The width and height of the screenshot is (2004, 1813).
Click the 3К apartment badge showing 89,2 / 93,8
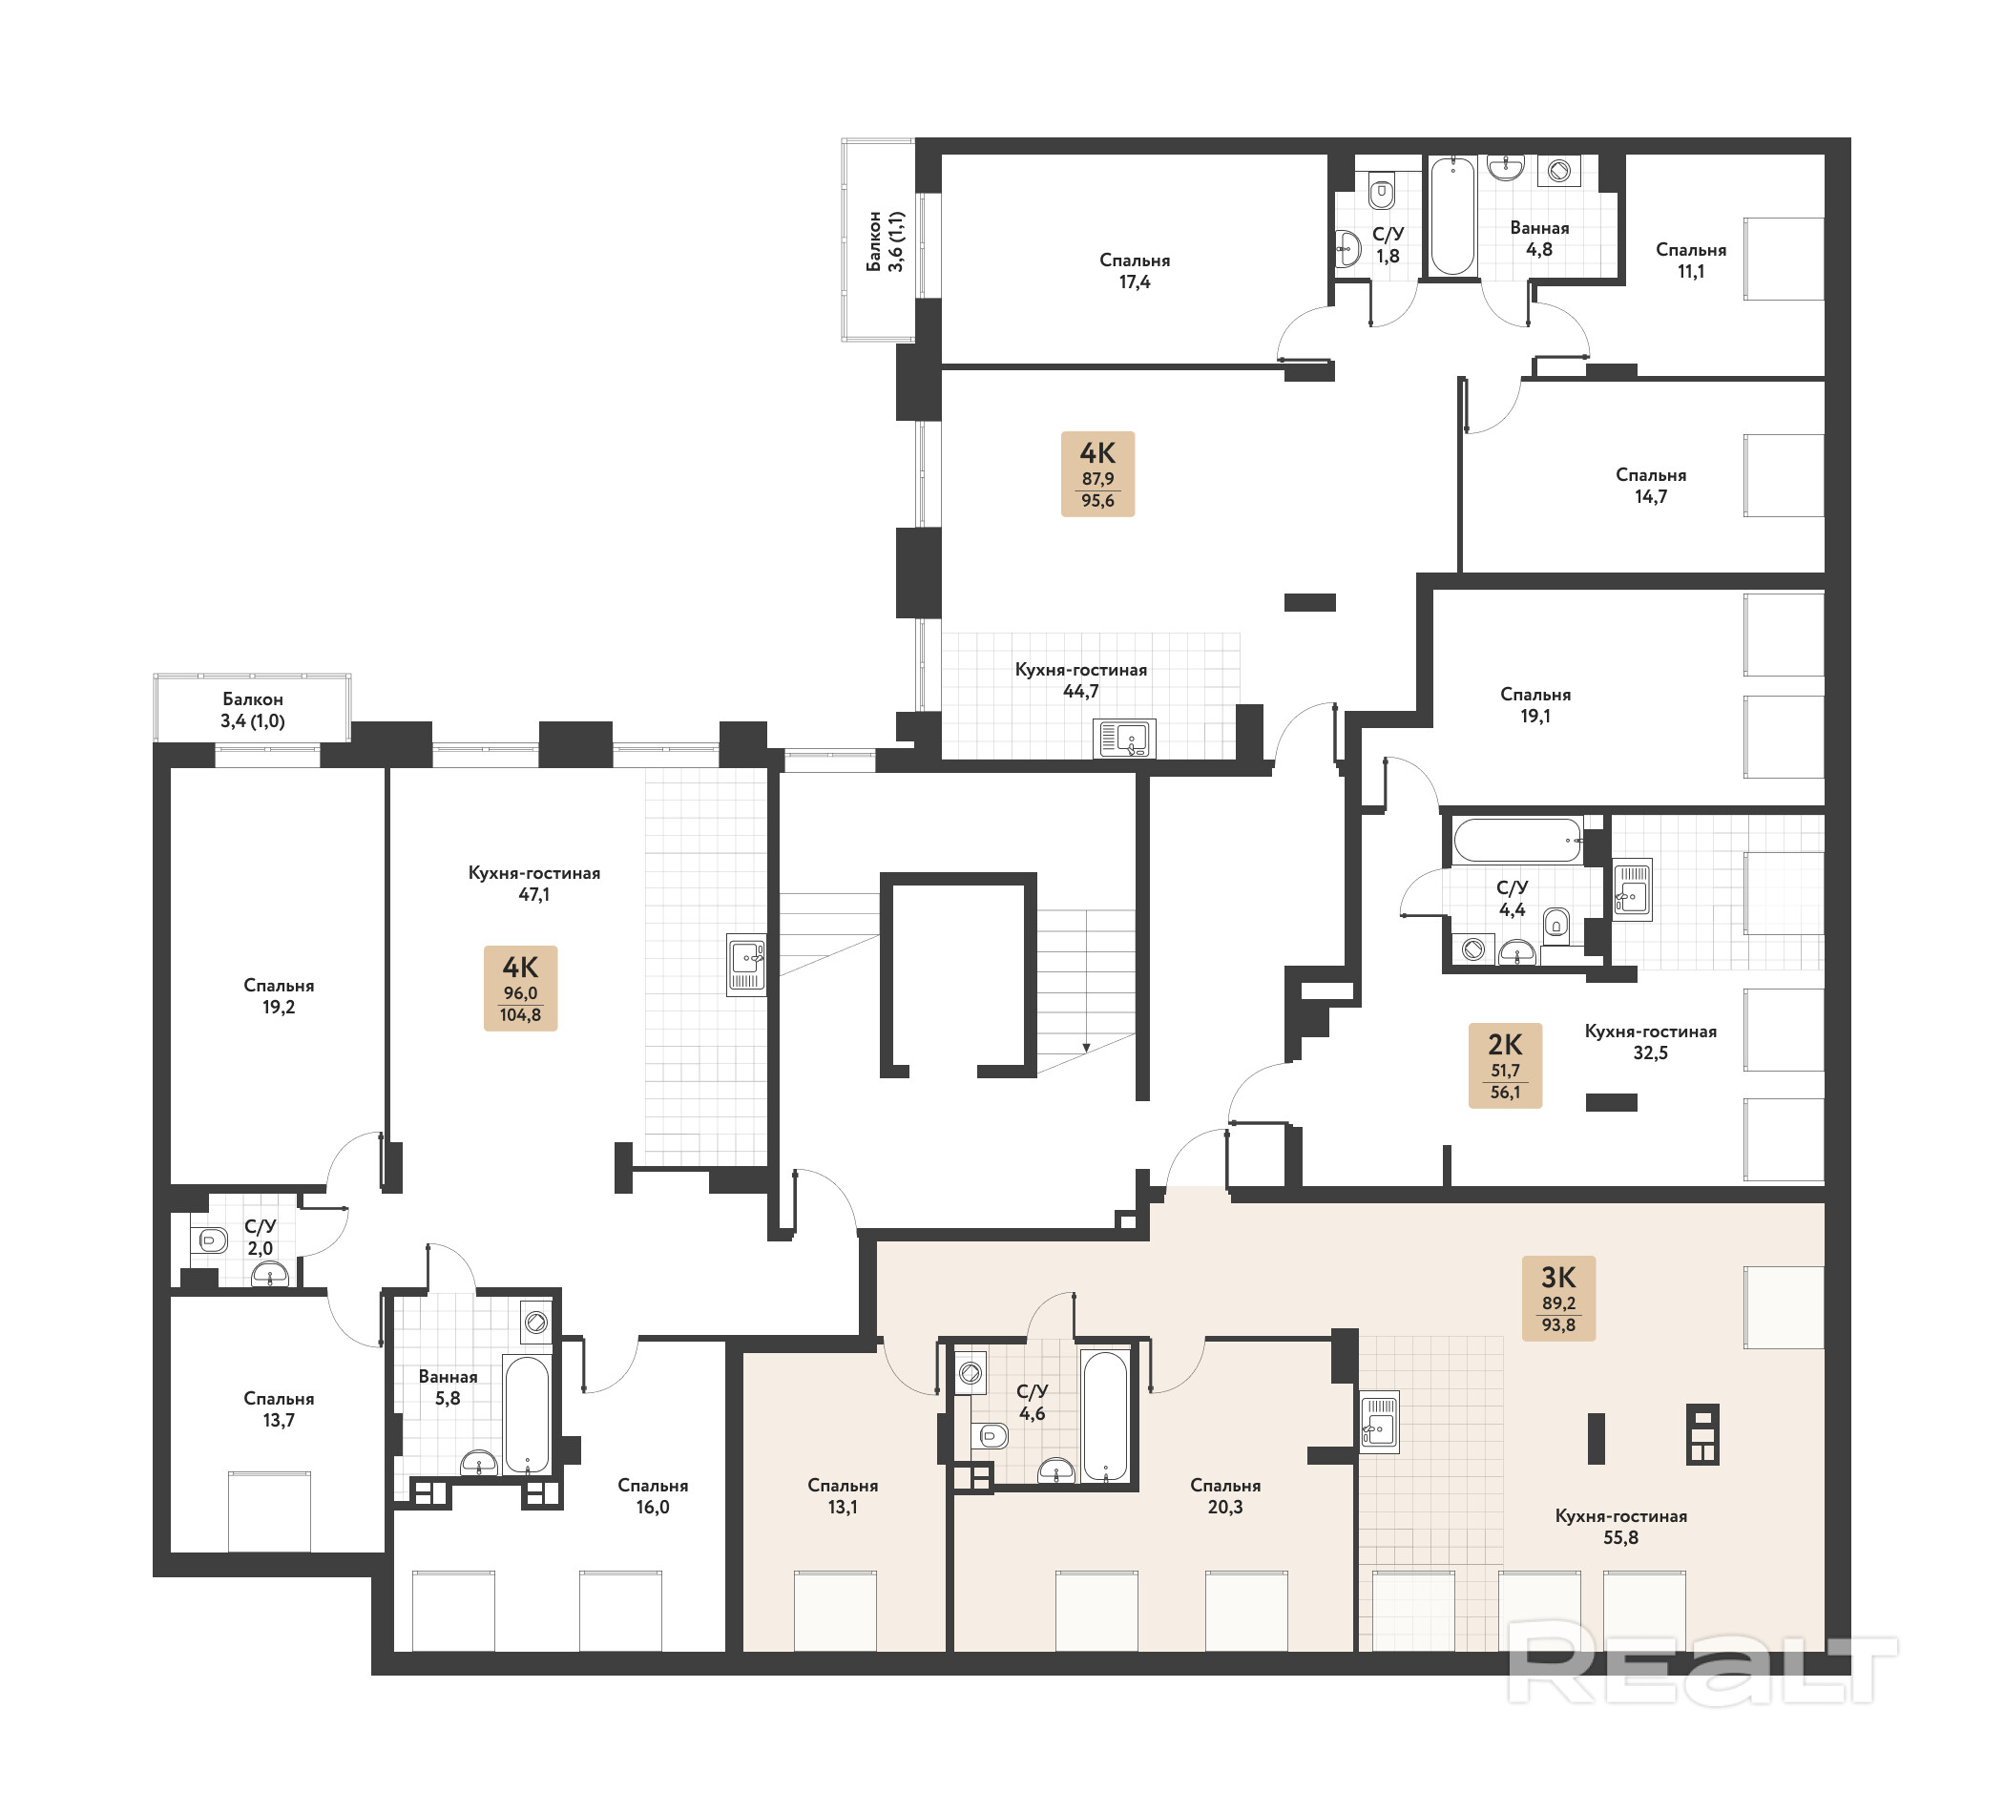pos(1557,1298)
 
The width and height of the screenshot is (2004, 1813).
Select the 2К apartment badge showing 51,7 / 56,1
pos(1505,1066)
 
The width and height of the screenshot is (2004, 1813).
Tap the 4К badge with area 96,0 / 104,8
pos(520,988)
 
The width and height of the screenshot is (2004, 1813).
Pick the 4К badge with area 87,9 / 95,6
pos(1097,474)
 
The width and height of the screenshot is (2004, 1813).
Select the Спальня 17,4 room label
pos(1135,270)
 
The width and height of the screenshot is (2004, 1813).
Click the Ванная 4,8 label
pos(1538,239)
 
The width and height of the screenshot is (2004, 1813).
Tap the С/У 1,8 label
pos(1388,244)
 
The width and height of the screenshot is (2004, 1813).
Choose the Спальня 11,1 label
pos(1691,260)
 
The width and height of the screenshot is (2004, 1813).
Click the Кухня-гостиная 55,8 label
pos(1620,1527)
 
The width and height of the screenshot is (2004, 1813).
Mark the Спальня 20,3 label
pos(1224,1496)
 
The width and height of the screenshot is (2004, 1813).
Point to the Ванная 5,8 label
pos(448,1387)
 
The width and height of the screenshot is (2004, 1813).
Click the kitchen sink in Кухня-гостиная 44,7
pos(1124,739)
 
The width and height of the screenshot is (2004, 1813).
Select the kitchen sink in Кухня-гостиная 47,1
pos(746,964)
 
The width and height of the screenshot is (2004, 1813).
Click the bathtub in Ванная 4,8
pos(1452,216)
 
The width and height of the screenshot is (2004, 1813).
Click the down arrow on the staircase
pos(1087,1047)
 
